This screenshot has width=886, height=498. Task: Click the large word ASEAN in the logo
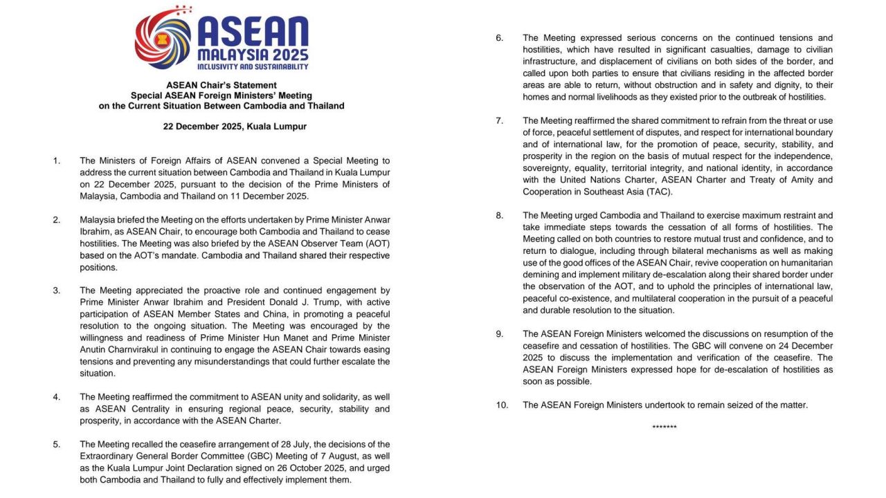coord(253,33)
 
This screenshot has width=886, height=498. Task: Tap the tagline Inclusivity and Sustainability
coord(253,66)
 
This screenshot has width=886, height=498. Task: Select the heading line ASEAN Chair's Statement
coord(221,85)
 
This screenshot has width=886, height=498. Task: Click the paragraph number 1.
coord(56,161)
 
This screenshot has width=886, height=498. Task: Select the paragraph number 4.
coord(56,398)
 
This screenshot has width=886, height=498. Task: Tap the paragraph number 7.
coord(499,121)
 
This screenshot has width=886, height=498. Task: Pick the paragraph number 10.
coord(502,405)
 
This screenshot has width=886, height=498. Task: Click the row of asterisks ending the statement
coord(664,427)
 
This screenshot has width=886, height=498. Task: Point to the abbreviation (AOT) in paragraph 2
coord(373,244)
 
